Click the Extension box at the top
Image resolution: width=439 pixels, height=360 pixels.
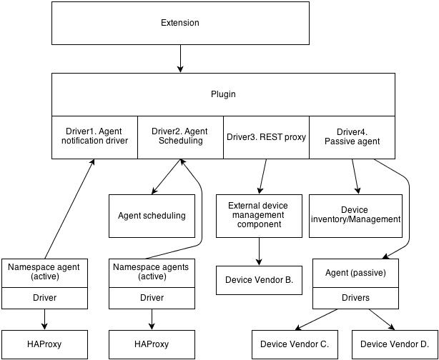179,23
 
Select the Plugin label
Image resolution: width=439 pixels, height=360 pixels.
223,94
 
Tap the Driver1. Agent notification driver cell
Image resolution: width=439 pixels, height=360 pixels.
94,136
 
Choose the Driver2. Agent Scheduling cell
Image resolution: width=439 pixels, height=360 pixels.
180,136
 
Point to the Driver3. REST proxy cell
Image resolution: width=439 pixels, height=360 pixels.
266,136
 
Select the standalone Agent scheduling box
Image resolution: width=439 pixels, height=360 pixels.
152,216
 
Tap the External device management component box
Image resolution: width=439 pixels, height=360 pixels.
258,216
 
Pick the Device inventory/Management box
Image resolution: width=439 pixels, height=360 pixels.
355,216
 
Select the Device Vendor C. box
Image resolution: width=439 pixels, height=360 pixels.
294,344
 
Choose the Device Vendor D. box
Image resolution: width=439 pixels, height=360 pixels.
394,344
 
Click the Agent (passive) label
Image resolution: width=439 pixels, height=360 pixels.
355,273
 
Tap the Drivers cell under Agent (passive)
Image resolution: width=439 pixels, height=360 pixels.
355,298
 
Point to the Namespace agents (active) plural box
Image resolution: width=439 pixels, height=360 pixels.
152,272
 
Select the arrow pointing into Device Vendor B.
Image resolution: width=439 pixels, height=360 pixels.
258,251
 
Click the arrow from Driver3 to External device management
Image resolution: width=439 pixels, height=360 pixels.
262,176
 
